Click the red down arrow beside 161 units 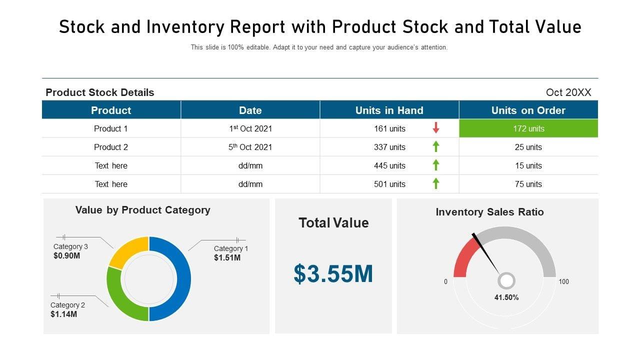tap(436, 128)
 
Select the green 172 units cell tap(528, 128)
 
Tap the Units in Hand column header tap(389, 110)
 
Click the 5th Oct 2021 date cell tap(250, 147)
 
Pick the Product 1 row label tap(111, 128)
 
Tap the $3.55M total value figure tap(333, 274)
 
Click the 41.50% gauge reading tap(506, 297)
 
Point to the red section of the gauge tap(463, 257)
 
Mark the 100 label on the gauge tap(563, 282)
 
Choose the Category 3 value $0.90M tap(66, 256)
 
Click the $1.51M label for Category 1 tap(227, 258)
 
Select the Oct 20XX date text tap(568, 92)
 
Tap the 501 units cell tap(389, 184)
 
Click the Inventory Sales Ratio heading tap(489, 212)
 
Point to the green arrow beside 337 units tap(436, 146)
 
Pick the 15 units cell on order tap(528, 165)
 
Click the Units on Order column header tap(528, 110)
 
